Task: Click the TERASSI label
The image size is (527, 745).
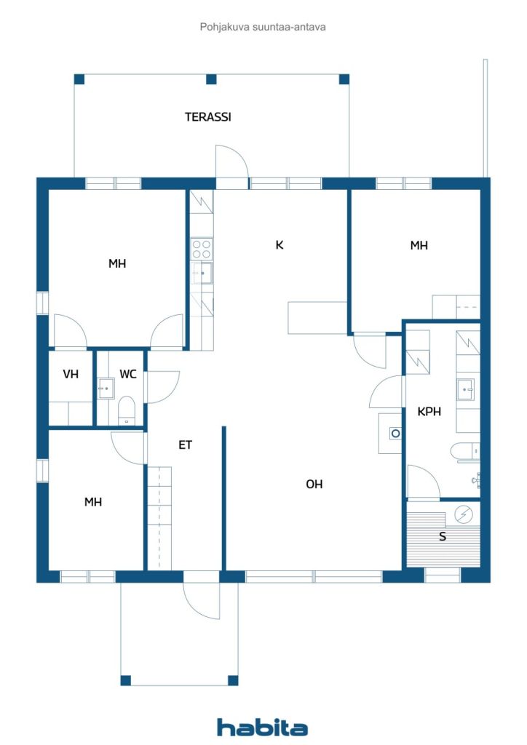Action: click(x=207, y=117)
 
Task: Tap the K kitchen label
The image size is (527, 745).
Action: click(x=280, y=244)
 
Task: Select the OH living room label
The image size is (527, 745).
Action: click(x=314, y=484)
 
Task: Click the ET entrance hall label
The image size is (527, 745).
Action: click(x=186, y=445)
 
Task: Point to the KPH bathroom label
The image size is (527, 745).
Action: click(x=429, y=412)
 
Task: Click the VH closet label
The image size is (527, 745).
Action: click(x=71, y=374)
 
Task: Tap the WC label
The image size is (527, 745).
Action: click(x=128, y=374)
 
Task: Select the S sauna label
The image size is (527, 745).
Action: click(x=443, y=536)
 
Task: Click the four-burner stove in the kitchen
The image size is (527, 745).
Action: click(x=202, y=249)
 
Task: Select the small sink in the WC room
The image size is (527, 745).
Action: click(x=106, y=389)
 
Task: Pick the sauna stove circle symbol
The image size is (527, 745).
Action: click(x=464, y=514)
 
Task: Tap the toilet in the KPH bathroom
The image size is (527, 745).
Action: click(x=465, y=451)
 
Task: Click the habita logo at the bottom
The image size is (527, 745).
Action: click(x=262, y=728)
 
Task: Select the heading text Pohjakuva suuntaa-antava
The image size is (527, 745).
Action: click(x=263, y=27)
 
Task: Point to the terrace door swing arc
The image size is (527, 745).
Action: click(x=232, y=161)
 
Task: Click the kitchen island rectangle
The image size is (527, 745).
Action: click(x=317, y=317)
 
